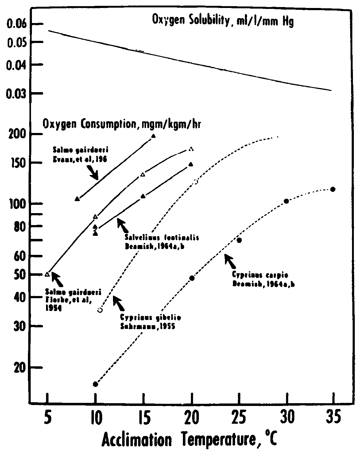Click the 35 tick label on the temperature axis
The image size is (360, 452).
333,418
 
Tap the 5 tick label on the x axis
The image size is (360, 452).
47,418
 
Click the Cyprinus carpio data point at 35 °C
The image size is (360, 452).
333,189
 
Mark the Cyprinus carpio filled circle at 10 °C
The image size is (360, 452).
95,384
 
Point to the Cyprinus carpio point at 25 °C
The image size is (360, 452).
239,240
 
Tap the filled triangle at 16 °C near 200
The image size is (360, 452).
153,136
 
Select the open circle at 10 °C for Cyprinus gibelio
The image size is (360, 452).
100,310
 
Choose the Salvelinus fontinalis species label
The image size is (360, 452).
162,238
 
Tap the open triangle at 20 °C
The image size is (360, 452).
191,149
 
